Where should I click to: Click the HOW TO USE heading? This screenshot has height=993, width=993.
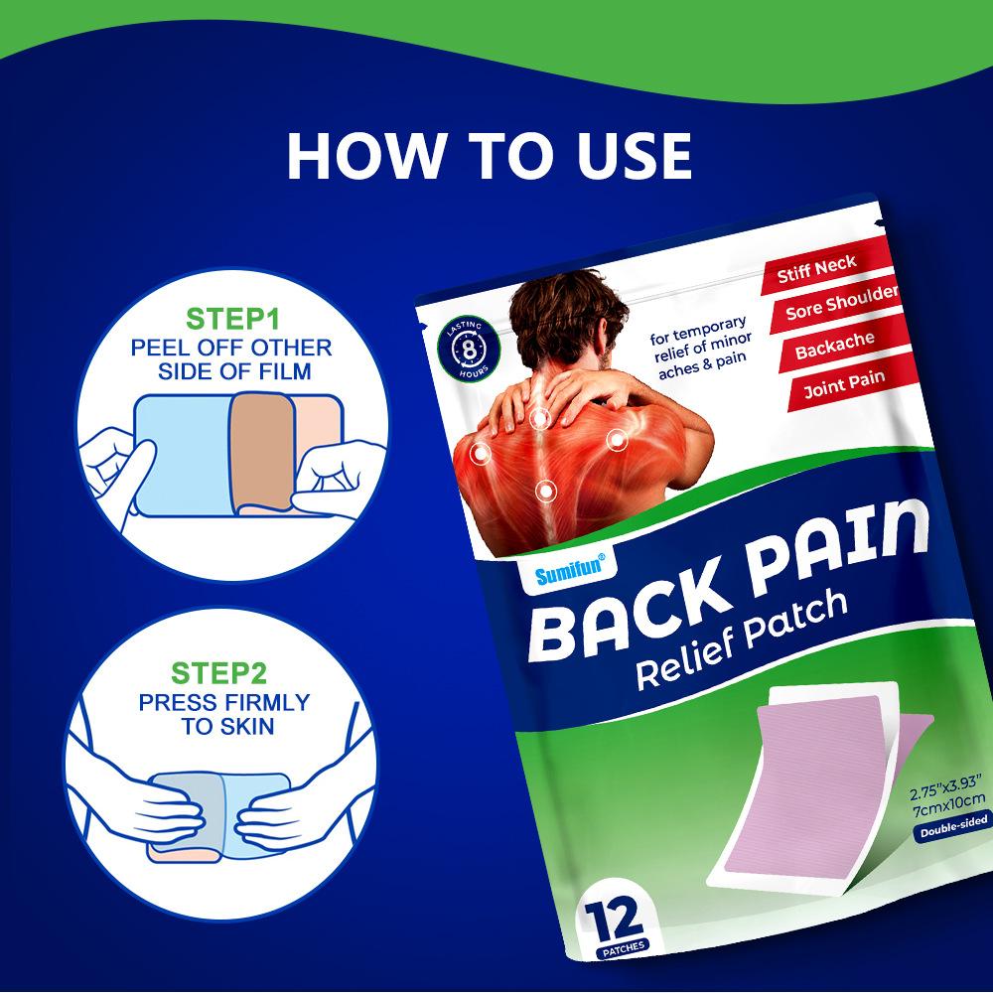click(x=489, y=156)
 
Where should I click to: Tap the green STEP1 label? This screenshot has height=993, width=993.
click(x=232, y=319)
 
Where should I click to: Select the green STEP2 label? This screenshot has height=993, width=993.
click(x=218, y=673)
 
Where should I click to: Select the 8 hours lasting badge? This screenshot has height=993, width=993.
click(x=468, y=349)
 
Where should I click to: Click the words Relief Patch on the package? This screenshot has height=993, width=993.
click(x=741, y=639)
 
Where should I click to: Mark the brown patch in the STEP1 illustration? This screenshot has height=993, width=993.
click(x=262, y=451)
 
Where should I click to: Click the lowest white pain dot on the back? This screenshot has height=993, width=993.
click(x=545, y=491)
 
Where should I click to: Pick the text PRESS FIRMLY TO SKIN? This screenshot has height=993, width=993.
click(x=224, y=714)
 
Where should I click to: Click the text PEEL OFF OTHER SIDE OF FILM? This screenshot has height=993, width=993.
click(x=231, y=359)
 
